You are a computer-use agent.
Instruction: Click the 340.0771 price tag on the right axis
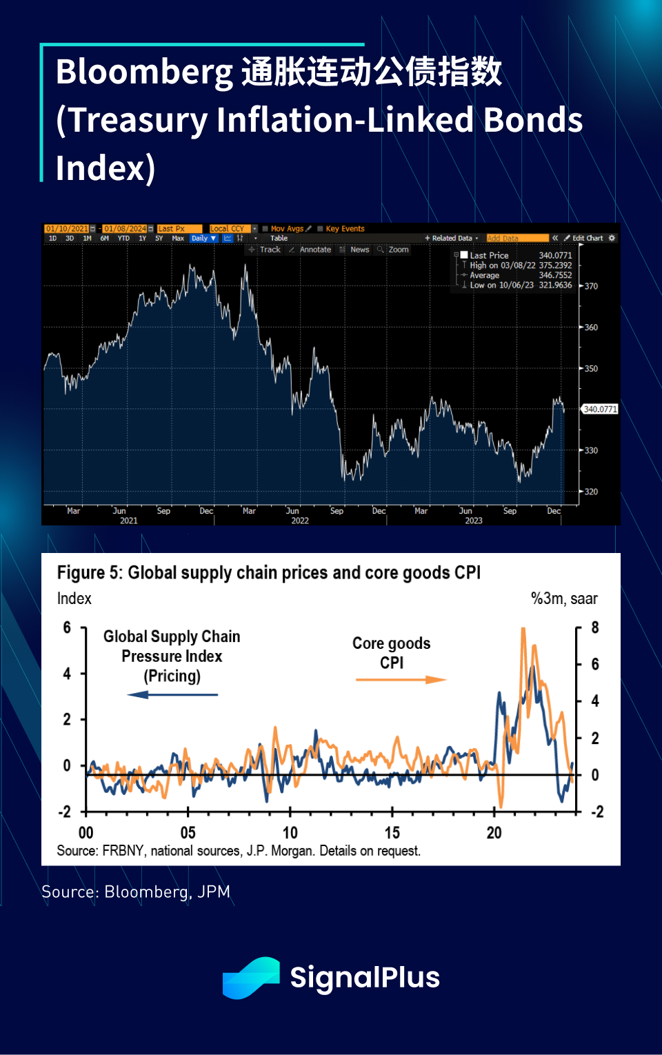(600, 409)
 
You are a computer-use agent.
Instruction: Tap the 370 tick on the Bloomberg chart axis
(591, 286)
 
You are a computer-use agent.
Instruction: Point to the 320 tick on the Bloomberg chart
(591, 492)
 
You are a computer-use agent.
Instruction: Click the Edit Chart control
(587, 238)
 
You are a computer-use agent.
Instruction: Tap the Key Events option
(345, 229)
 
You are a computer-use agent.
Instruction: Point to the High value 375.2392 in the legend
(555, 265)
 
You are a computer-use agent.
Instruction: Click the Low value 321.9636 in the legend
(555, 285)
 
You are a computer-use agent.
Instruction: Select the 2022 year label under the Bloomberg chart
(300, 521)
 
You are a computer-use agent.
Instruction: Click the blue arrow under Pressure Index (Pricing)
(172, 694)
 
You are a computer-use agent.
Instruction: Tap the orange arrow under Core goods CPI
(401, 680)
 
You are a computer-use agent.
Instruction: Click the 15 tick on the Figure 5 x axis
(392, 833)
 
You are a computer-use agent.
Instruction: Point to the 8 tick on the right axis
(594, 628)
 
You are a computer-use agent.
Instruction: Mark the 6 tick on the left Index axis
(67, 627)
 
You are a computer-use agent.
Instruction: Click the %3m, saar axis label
(564, 599)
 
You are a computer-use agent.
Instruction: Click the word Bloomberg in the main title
(145, 72)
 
